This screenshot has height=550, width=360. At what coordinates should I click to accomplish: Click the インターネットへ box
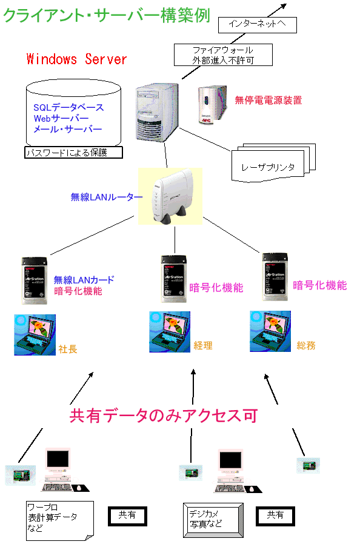pos(257,25)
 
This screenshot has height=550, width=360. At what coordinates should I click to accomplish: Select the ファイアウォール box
pos(222,55)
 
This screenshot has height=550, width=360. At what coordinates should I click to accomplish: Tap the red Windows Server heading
pos(77,59)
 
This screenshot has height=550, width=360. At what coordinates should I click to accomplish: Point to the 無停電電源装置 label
pos(268,101)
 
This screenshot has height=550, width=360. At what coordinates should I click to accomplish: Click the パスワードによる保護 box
pos(73,153)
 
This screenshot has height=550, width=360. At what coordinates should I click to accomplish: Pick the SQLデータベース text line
pos(68,108)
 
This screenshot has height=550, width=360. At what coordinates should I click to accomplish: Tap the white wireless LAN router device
pos(173,196)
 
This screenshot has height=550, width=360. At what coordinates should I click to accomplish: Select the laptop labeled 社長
pos(35,334)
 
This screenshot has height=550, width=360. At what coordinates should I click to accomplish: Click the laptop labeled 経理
pos(169,331)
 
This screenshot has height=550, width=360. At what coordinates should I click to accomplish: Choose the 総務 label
pos(305,346)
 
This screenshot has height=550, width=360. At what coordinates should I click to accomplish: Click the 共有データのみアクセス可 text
pos(164,416)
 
